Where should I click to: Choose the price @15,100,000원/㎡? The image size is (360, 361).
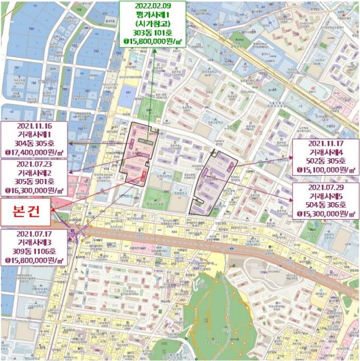(325, 170)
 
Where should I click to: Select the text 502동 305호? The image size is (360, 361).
(325, 161)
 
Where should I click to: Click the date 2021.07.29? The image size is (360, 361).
(325, 187)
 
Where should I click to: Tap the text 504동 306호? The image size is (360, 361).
(325, 205)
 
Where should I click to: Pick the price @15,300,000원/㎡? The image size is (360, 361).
(325, 214)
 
